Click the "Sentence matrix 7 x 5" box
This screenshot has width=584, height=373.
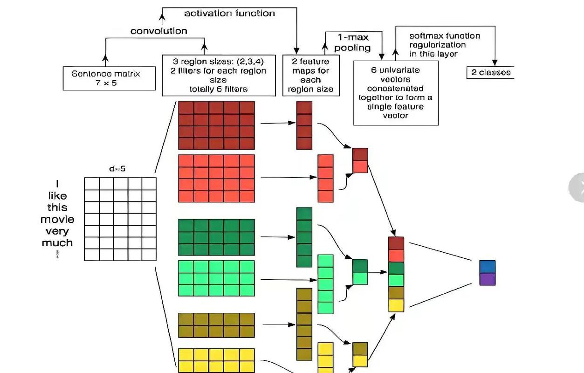pyautogui.click(x=109, y=78)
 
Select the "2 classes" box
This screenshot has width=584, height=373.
pyautogui.click(x=490, y=72)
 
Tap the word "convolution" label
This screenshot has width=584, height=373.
pyautogui.click(x=158, y=31)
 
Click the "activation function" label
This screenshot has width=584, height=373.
pyautogui.click(x=229, y=13)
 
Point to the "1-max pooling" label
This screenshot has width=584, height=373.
pyautogui.click(x=353, y=42)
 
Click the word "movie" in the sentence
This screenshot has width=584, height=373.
pyautogui.click(x=57, y=219)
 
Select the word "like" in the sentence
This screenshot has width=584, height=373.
pyautogui.click(x=57, y=196)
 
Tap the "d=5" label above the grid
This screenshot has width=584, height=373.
pyautogui.click(x=117, y=169)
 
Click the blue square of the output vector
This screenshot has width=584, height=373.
pyautogui.click(x=487, y=267)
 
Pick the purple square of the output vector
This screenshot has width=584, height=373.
pyautogui.click(x=487, y=279)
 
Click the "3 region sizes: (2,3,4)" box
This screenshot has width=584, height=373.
pyautogui.click(x=219, y=75)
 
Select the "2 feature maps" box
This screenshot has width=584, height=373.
pyautogui.click(x=311, y=75)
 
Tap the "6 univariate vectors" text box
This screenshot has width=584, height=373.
pyautogui.click(x=396, y=93)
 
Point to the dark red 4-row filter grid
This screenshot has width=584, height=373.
pyautogui.click(x=216, y=125)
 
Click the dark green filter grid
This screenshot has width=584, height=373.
pyautogui.click(x=216, y=237)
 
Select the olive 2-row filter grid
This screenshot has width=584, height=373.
pyautogui.click(x=216, y=325)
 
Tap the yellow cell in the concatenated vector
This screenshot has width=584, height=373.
pyautogui.click(x=396, y=305)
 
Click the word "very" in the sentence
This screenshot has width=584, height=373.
pyautogui.click(x=57, y=231)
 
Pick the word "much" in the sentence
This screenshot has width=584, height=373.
pyautogui.click(x=57, y=243)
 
